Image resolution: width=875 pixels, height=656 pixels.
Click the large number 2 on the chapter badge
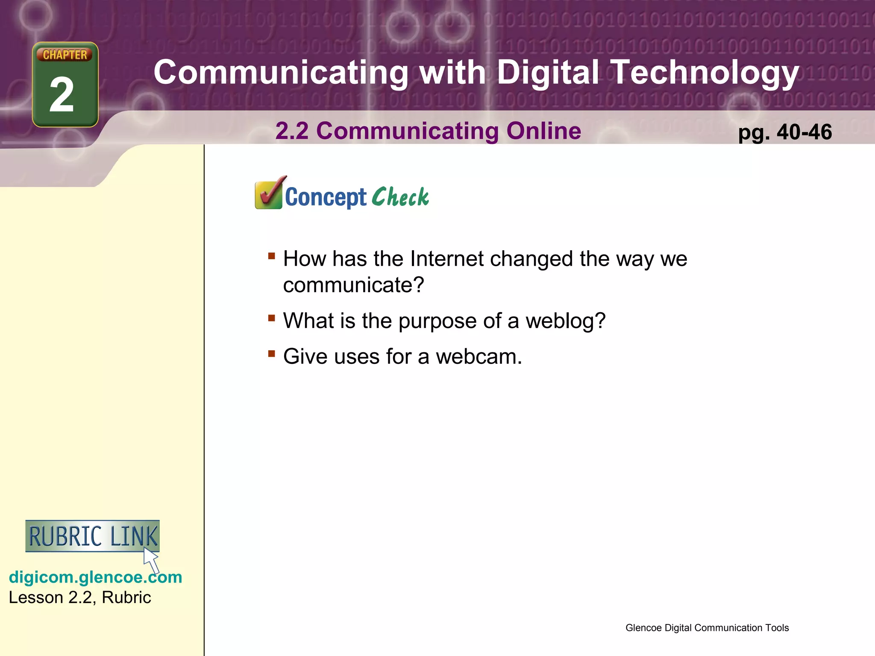[x=62, y=95]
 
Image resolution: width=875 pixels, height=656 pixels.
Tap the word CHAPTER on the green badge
[x=65, y=55]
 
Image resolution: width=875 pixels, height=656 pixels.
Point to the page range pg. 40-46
[x=785, y=132]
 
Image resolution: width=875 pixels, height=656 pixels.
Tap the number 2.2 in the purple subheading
[x=292, y=131]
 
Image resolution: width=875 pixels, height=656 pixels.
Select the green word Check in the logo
[x=400, y=197]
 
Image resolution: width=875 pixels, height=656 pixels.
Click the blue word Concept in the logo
[x=326, y=197]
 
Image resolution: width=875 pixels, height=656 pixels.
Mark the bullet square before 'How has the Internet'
[x=272, y=256]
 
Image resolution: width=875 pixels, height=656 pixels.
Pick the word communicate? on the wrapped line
[x=353, y=285]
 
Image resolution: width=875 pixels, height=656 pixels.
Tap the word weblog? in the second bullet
[x=565, y=320]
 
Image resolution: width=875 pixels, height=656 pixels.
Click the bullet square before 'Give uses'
[x=272, y=353]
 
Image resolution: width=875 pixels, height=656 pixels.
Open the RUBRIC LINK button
[x=92, y=536]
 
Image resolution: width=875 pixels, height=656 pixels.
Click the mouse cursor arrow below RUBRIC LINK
[x=151, y=560]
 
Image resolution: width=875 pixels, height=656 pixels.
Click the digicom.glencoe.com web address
[x=95, y=577]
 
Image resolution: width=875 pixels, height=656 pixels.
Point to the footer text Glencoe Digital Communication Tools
[x=707, y=628]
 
